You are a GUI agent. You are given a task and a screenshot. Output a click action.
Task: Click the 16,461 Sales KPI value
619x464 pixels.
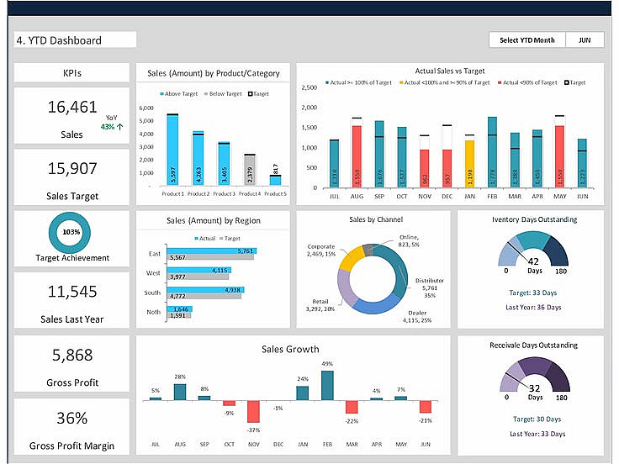tap(72, 107)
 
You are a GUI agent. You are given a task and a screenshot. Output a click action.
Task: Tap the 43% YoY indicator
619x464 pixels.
tap(112, 127)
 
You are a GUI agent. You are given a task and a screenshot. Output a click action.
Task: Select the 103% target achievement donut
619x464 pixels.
tap(71, 231)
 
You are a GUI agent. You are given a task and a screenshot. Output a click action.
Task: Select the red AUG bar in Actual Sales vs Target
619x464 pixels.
tap(357, 156)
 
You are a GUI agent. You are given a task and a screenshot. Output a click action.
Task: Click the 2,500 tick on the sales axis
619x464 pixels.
tap(308, 87)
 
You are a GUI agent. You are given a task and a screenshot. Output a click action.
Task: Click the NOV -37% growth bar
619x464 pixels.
tap(253, 411)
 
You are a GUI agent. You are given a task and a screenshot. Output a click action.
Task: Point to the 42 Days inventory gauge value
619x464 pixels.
tap(533, 261)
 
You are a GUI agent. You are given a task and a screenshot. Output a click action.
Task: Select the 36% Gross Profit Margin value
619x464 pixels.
tap(71, 419)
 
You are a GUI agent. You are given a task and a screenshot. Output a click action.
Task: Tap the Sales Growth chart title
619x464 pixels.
tap(290, 349)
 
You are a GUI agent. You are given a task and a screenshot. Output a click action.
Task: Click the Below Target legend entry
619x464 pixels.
tap(224, 93)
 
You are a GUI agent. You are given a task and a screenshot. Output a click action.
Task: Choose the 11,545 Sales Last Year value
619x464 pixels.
tap(71, 292)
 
